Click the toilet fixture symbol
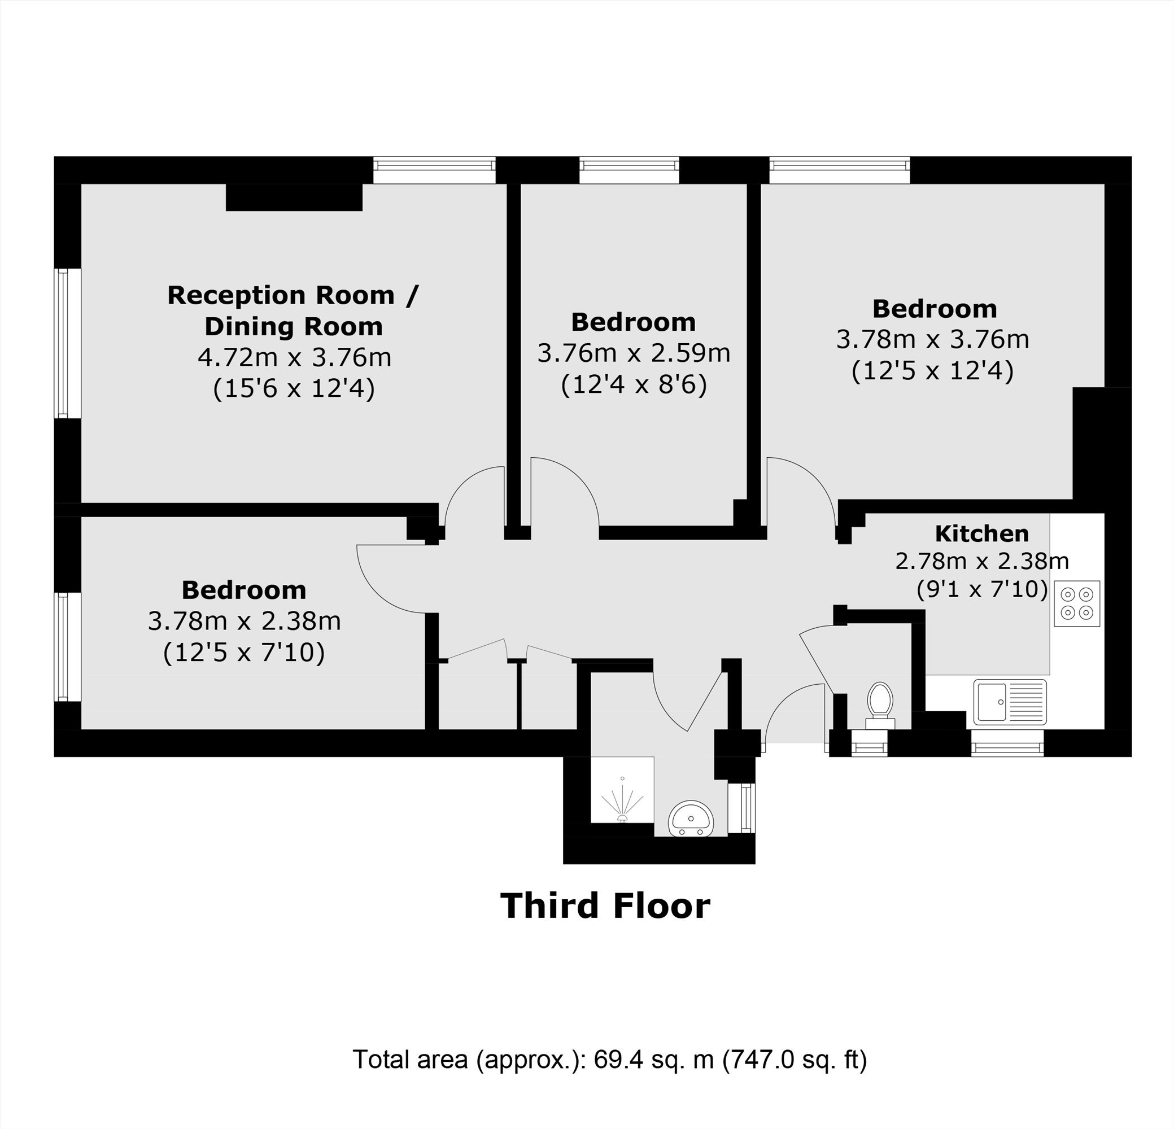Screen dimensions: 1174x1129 click(880, 706)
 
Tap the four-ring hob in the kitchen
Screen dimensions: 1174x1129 click(1077, 603)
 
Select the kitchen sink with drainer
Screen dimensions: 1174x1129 click(1010, 702)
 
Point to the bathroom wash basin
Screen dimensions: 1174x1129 click(691, 819)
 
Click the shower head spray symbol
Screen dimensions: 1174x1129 click(622, 800)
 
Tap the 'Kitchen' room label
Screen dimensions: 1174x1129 click(982, 533)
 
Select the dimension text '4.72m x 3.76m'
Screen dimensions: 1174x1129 click(295, 357)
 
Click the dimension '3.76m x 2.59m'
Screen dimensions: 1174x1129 click(634, 353)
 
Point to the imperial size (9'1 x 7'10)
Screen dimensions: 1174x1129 click(983, 590)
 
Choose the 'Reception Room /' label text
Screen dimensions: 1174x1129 click(293, 295)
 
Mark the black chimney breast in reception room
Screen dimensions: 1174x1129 click(294, 198)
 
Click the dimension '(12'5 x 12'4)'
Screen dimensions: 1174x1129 click(933, 370)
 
